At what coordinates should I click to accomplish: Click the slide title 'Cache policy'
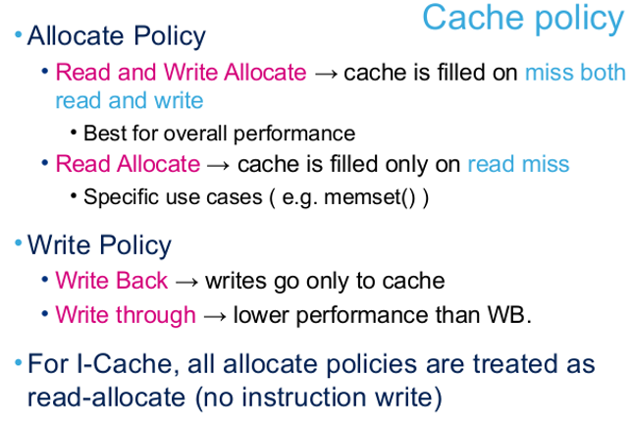[523, 19]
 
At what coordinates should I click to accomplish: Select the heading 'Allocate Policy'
[117, 36]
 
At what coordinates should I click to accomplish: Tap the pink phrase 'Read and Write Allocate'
[181, 73]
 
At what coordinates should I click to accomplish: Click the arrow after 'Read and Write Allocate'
[326, 75]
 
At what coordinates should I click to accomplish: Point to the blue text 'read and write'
[130, 100]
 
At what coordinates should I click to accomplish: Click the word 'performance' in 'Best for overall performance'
[294, 134]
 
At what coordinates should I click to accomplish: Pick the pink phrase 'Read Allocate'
[128, 164]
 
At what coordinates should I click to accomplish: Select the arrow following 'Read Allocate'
[219, 166]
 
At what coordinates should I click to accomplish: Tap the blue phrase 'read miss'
[518, 165]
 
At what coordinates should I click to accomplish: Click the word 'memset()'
[370, 197]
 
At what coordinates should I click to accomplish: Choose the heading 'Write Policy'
[99, 245]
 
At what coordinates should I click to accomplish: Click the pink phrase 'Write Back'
[112, 281]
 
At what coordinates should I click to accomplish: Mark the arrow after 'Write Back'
[187, 282]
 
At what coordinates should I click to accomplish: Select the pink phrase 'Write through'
[126, 315]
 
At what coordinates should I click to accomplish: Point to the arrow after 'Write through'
[215, 316]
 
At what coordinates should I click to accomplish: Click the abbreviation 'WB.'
[509, 315]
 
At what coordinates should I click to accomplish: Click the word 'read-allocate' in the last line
[106, 398]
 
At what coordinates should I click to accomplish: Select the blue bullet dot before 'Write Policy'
[18, 243]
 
